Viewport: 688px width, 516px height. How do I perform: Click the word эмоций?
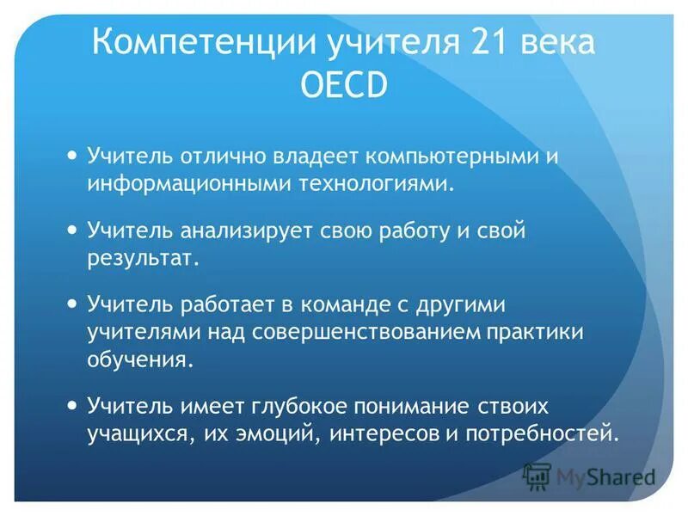(273, 432)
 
